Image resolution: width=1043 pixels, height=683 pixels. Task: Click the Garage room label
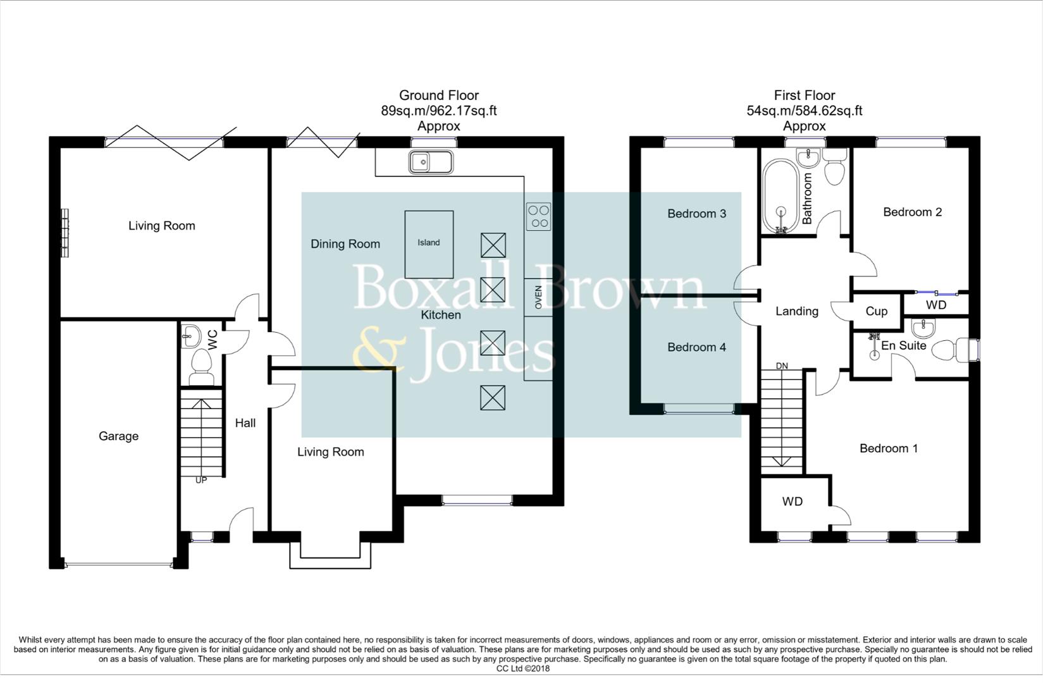point(118,436)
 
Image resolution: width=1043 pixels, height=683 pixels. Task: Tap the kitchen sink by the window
point(431,162)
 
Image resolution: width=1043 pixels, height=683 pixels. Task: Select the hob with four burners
point(539,216)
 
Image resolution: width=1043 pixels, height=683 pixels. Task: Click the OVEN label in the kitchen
point(539,297)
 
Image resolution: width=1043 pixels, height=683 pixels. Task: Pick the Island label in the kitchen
point(428,243)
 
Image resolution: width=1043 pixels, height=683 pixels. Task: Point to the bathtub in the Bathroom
point(781,196)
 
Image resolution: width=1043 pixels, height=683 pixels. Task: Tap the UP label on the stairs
point(201,480)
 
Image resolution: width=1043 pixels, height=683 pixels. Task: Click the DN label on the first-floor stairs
point(782,366)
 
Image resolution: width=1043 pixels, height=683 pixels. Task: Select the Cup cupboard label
point(876,311)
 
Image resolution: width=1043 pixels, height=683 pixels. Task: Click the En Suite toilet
point(946,350)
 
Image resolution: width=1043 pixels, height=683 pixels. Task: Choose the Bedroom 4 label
point(696,347)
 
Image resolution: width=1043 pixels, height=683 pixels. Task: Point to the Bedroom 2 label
point(912,212)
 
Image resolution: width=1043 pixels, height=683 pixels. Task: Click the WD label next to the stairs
point(792,501)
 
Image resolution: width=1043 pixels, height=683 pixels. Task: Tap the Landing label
point(797,311)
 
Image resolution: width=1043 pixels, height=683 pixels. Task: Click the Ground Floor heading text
point(438,95)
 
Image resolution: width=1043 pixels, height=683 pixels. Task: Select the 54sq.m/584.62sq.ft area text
point(804,111)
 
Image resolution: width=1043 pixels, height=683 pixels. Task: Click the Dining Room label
point(345,244)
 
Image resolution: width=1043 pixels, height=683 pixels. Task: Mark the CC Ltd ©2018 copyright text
point(522,668)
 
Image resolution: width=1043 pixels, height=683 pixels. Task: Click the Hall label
point(245,423)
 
